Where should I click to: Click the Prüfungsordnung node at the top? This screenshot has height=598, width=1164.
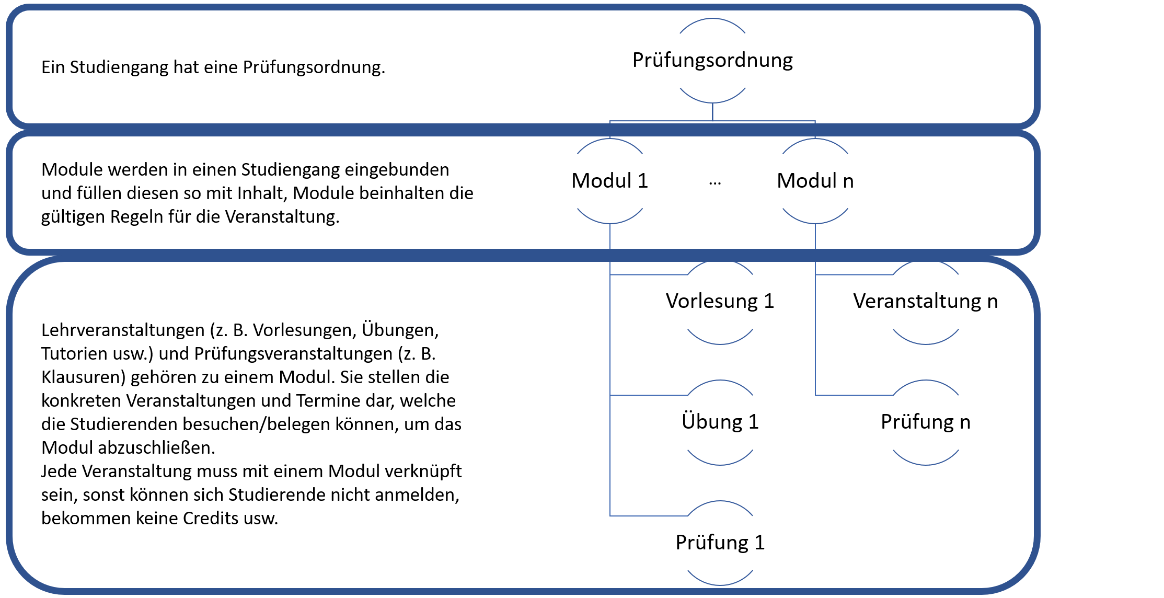coord(712,61)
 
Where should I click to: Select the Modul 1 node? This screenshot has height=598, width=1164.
coord(609,181)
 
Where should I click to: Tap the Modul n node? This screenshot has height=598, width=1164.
coord(815,181)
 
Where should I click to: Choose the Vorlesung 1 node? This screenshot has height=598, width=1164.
coord(720,302)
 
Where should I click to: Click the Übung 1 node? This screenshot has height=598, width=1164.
coord(720,422)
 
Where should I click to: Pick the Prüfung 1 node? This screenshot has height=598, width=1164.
coord(720,543)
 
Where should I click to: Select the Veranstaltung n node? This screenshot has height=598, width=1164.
coord(925,302)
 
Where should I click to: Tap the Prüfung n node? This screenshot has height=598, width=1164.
coord(925,422)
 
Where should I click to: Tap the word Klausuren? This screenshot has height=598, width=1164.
coord(84,377)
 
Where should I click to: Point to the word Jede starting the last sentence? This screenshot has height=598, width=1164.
coord(59,471)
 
